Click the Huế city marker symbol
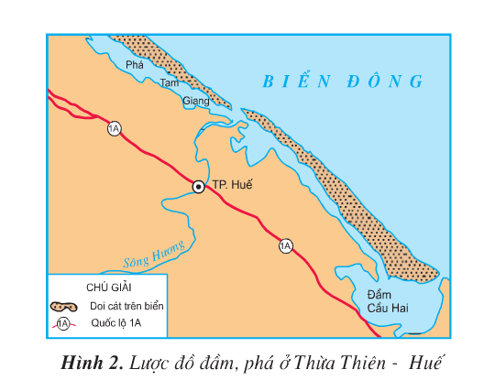tap(198, 187)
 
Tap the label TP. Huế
tap(231, 186)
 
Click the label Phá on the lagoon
tap(136, 66)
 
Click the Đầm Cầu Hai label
tap(385, 301)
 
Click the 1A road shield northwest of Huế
tap(114, 128)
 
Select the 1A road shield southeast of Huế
tap(286, 245)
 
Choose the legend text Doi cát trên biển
tap(126, 306)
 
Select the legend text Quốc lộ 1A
tap(115, 323)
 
